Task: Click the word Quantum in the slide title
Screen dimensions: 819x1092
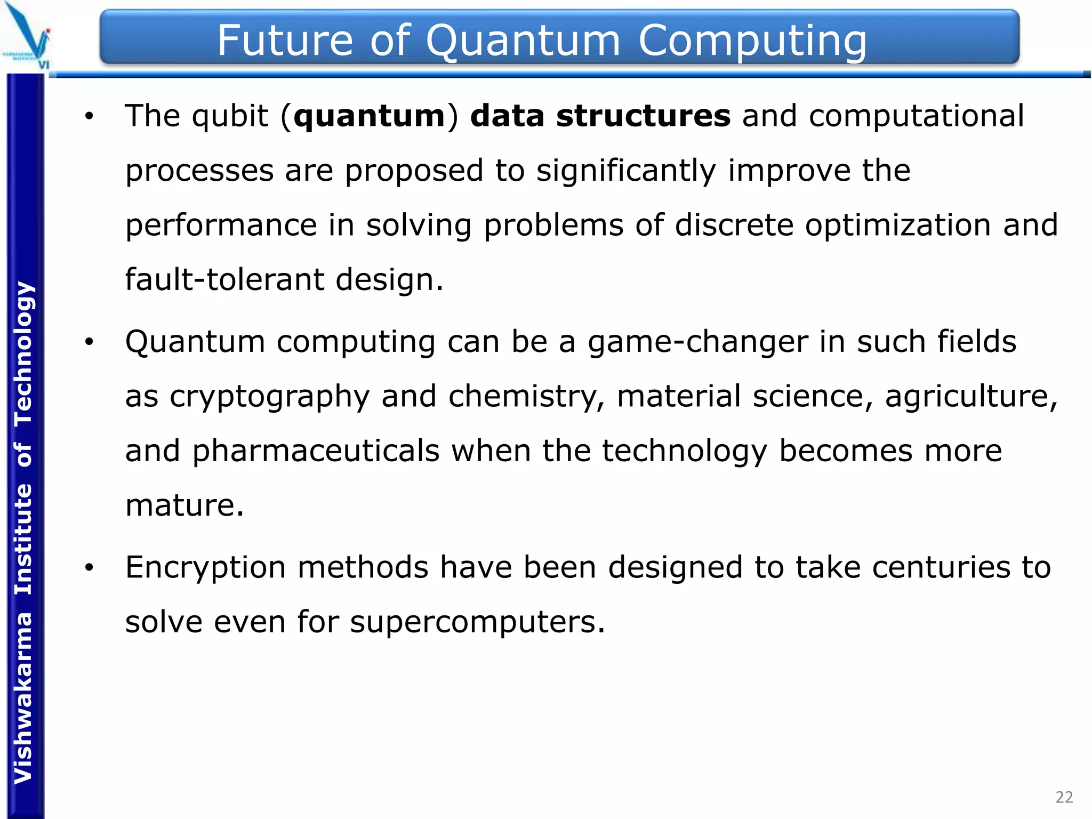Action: [x=523, y=41]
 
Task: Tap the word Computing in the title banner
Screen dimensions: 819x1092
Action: [x=752, y=41]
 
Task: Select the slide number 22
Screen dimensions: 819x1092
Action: [x=1064, y=797]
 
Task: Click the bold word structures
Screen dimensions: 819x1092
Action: [x=643, y=116]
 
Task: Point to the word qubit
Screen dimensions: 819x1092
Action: [x=230, y=116]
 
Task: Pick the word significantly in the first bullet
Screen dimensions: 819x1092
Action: [x=626, y=171]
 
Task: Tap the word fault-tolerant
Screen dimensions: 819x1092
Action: [x=224, y=279]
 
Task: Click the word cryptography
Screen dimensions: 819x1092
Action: [x=270, y=397]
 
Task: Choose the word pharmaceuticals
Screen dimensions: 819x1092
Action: [x=316, y=451]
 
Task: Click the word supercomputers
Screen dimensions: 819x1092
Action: [x=478, y=622]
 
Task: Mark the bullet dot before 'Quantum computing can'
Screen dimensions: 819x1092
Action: [x=89, y=342]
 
